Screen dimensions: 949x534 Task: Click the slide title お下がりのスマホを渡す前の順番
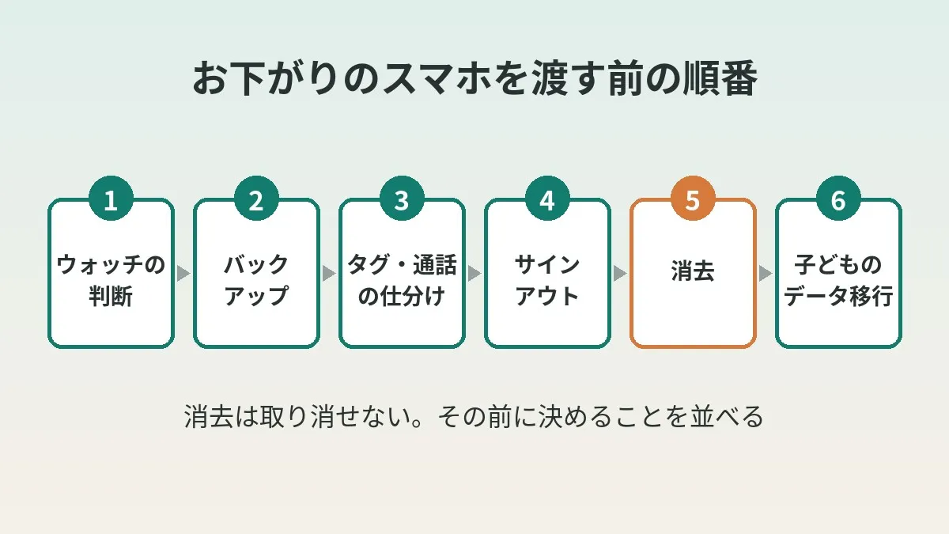pyautogui.click(x=475, y=79)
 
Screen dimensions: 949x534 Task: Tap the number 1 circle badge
pyautogui.click(x=111, y=199)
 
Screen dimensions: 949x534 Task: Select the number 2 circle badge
pyautogui.click(x=256, y=199)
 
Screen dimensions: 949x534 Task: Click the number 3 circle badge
pyautogui.click(x=402, y=199)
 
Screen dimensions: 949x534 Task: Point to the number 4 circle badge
pyautogui.click(x=547, y=199)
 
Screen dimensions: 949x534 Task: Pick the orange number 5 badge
pyautogui.click(x=693, y=199)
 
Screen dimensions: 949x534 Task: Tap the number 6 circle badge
pyautogui.click(x=838, y=199)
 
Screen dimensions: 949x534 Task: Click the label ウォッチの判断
pyautogui.click(x=111, y=280)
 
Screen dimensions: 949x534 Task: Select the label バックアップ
pyautogui.click(x=256, y=280)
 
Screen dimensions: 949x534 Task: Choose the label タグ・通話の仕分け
pyautogui.click(x=402, y=280)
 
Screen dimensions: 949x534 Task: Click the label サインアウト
pyautogui.click(x=547, y=280)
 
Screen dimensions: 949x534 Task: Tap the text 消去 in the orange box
pyautogui.click(x=693, y=271)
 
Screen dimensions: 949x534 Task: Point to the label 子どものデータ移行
pyautogui.click(x=838, y=280)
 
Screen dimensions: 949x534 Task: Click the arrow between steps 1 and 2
pyautogui.click(x=183, y=274)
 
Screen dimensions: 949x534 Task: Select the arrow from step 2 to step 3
pyautogui.click(x=329, y=274)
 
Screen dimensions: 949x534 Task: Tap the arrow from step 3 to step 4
pyautogui.click(x=475, y=274)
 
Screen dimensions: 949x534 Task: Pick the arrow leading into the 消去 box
pyautogui.click(x=620, y=274)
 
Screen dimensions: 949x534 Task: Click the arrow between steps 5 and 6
pyautogui.click(x=766, y=274)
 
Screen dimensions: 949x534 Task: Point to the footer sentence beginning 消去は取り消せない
pyautogui.click(x=474, y=417)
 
